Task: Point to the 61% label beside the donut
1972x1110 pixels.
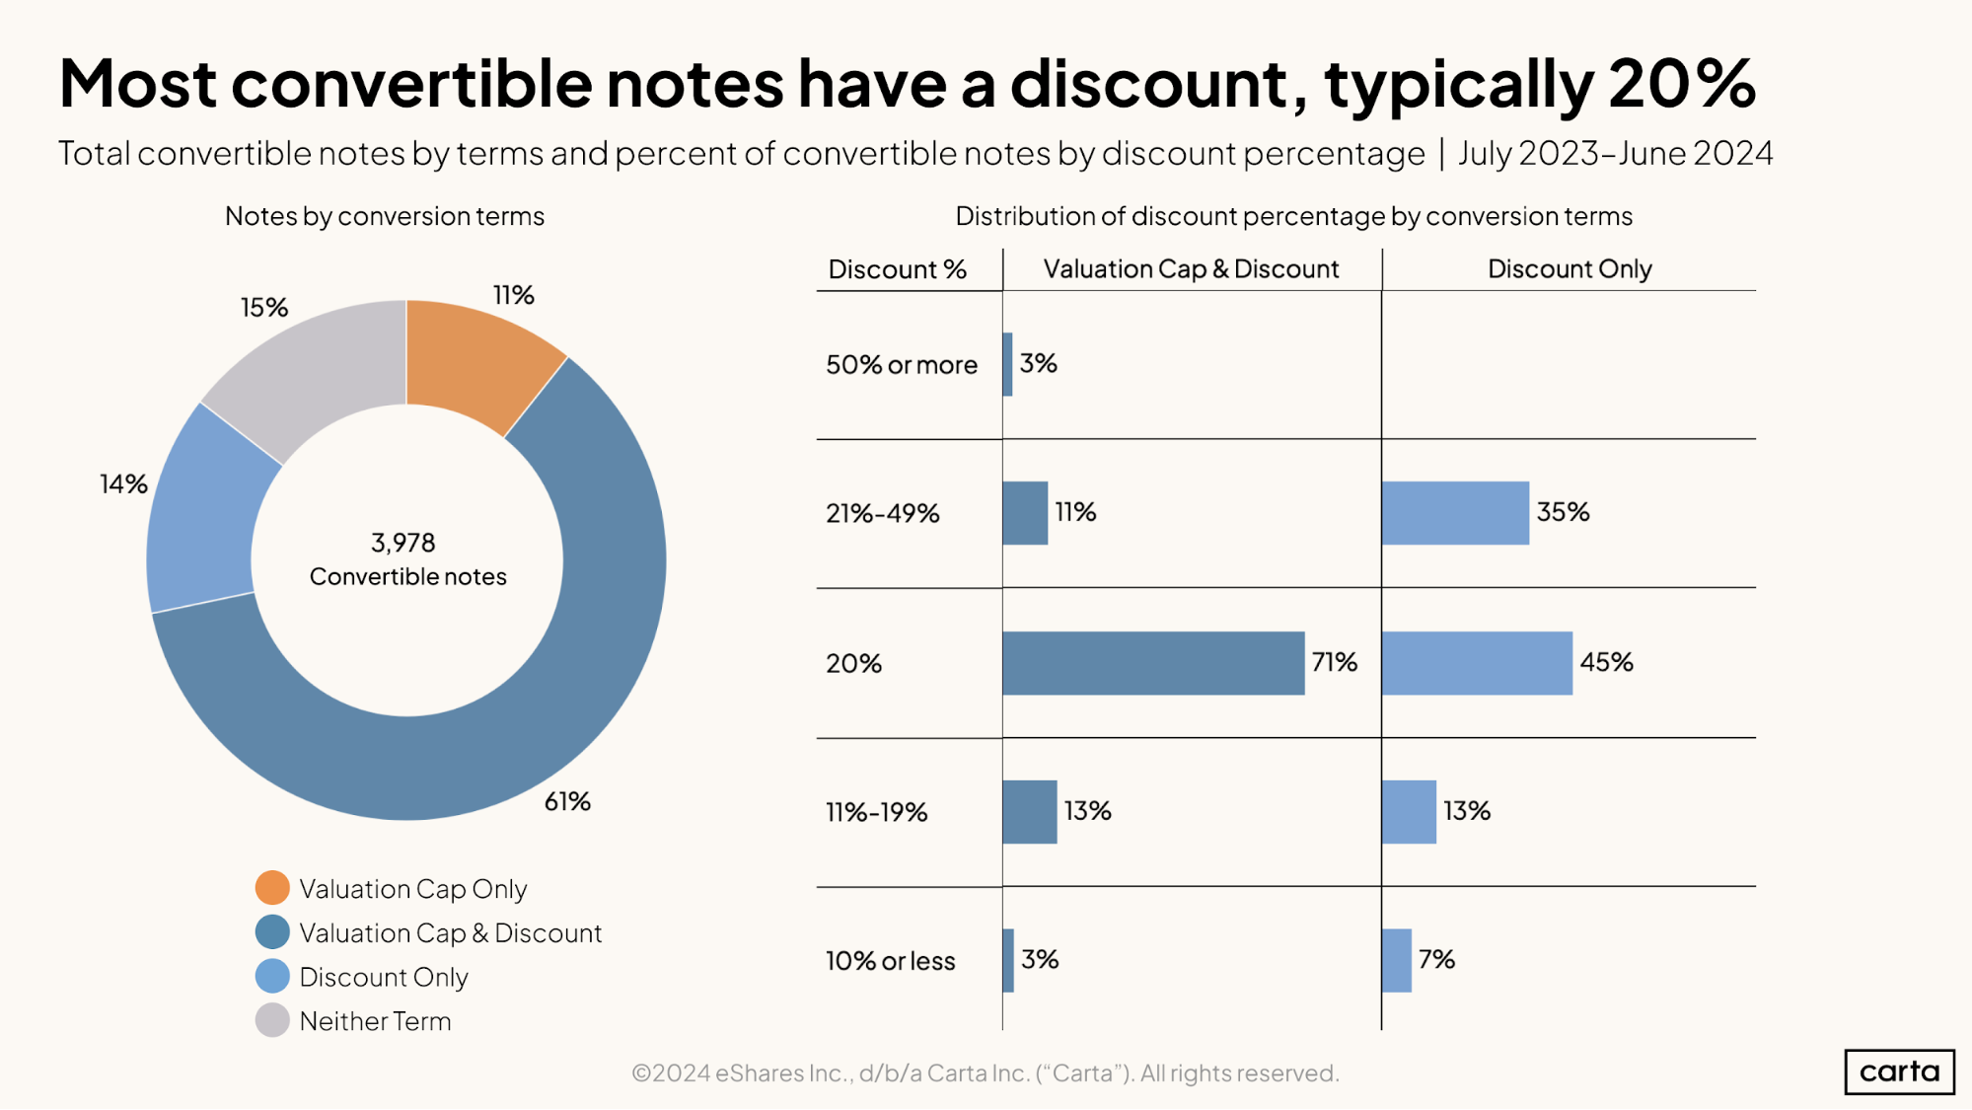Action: (567, 801)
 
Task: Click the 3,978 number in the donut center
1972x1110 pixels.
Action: (402, 543)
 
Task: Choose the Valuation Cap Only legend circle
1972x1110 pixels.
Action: (272, 888)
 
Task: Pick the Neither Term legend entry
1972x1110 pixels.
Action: (375, 1021)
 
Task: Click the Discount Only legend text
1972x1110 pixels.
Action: (384, 977)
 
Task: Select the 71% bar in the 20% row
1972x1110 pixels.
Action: (1152, 663)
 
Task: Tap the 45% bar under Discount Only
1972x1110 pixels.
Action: (1476, 663)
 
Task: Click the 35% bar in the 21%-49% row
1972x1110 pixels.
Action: (1455, 513)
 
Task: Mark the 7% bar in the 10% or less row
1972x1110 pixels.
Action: (1396, 960)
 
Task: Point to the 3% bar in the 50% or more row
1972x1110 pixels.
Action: (1007, 364)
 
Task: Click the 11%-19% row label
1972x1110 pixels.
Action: (876, 812)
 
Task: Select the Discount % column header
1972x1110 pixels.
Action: (897, 269)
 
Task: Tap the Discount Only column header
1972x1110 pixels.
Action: (1569, 269)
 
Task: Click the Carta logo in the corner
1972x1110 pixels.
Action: (1898, 1072)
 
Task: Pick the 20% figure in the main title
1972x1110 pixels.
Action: (1681, 84)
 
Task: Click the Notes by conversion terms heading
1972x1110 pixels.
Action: (385, 216)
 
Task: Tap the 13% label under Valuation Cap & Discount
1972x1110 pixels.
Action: (1087, 811)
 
